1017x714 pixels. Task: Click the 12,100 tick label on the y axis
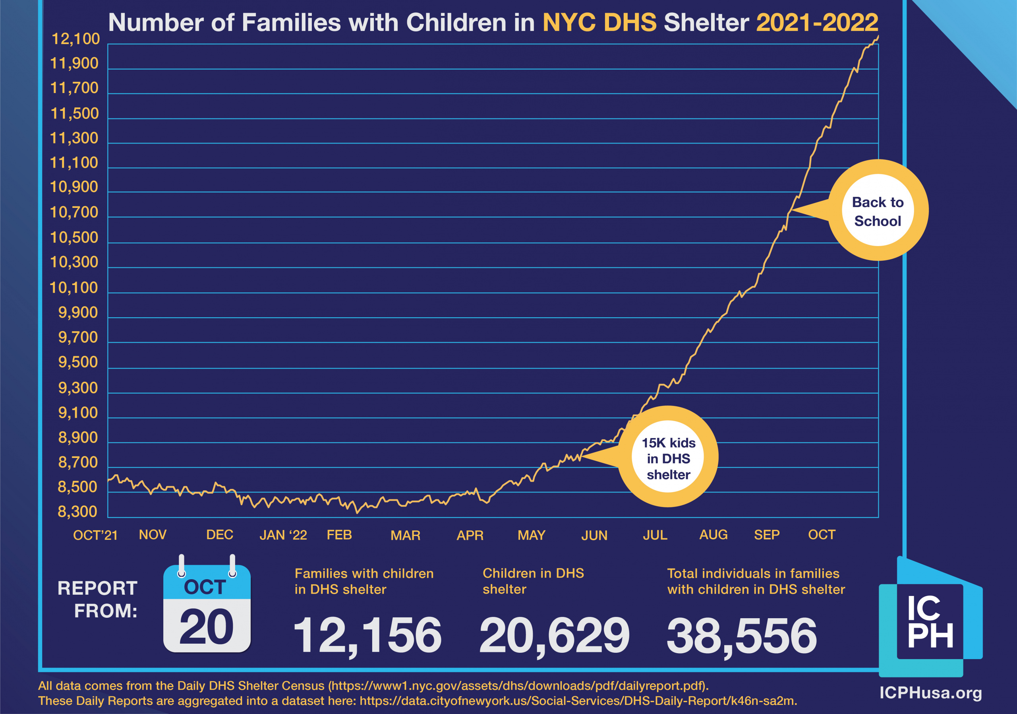pos(76,39)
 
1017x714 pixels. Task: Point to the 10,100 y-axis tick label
pos(73,288)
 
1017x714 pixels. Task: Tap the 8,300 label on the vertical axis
pos(77,512)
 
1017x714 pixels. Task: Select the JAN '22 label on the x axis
pos(283,535)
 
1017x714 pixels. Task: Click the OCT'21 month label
pos(95,535)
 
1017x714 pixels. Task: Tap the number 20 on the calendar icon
pos(207,627)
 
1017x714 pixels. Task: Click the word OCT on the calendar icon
pos(205,587)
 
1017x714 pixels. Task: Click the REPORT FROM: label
pos(99,600)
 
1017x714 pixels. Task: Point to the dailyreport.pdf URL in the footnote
pos(518,686)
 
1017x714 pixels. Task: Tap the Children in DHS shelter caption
pos(533,581)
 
